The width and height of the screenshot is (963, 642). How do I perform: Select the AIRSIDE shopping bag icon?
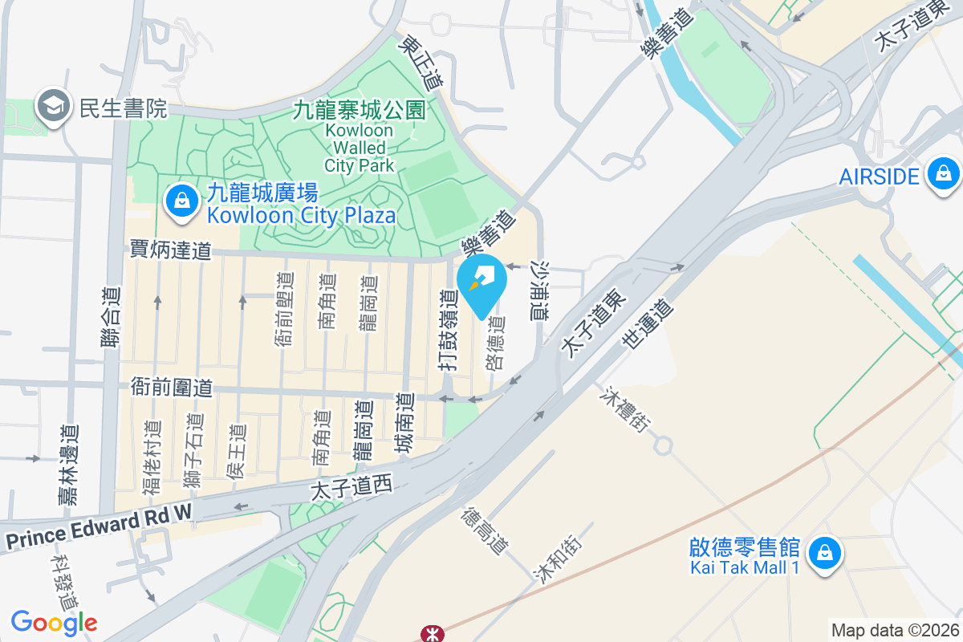[x=943, y=174]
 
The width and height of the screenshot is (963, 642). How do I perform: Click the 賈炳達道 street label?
[x=170, y=251]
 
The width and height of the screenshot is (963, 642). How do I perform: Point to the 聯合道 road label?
[x=110, y=318]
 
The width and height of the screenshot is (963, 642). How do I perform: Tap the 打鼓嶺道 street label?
[x=448, y=331]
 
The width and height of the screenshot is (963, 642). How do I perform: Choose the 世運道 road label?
[x=644, y=323]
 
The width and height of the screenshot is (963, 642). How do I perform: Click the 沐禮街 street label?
[x=625, y=410]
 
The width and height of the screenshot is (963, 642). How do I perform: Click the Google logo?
[x=55, y=623]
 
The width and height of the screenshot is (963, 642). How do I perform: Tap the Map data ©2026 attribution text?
[x=895, y=631]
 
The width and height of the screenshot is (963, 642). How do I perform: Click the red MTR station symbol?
[x=433, y=634]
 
